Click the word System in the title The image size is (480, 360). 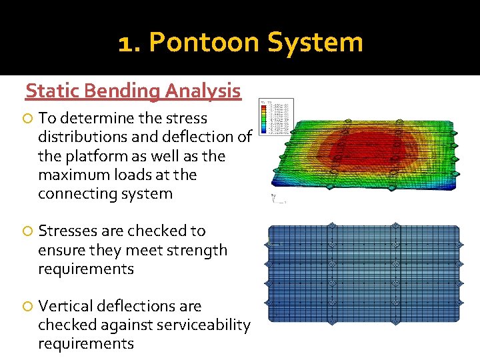click(315, 43)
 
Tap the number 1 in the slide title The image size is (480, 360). click(126, 43)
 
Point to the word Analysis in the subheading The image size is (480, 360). click(203, 91)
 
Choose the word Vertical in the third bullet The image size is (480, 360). click(65, 306)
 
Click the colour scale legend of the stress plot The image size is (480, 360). click(275, 117)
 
